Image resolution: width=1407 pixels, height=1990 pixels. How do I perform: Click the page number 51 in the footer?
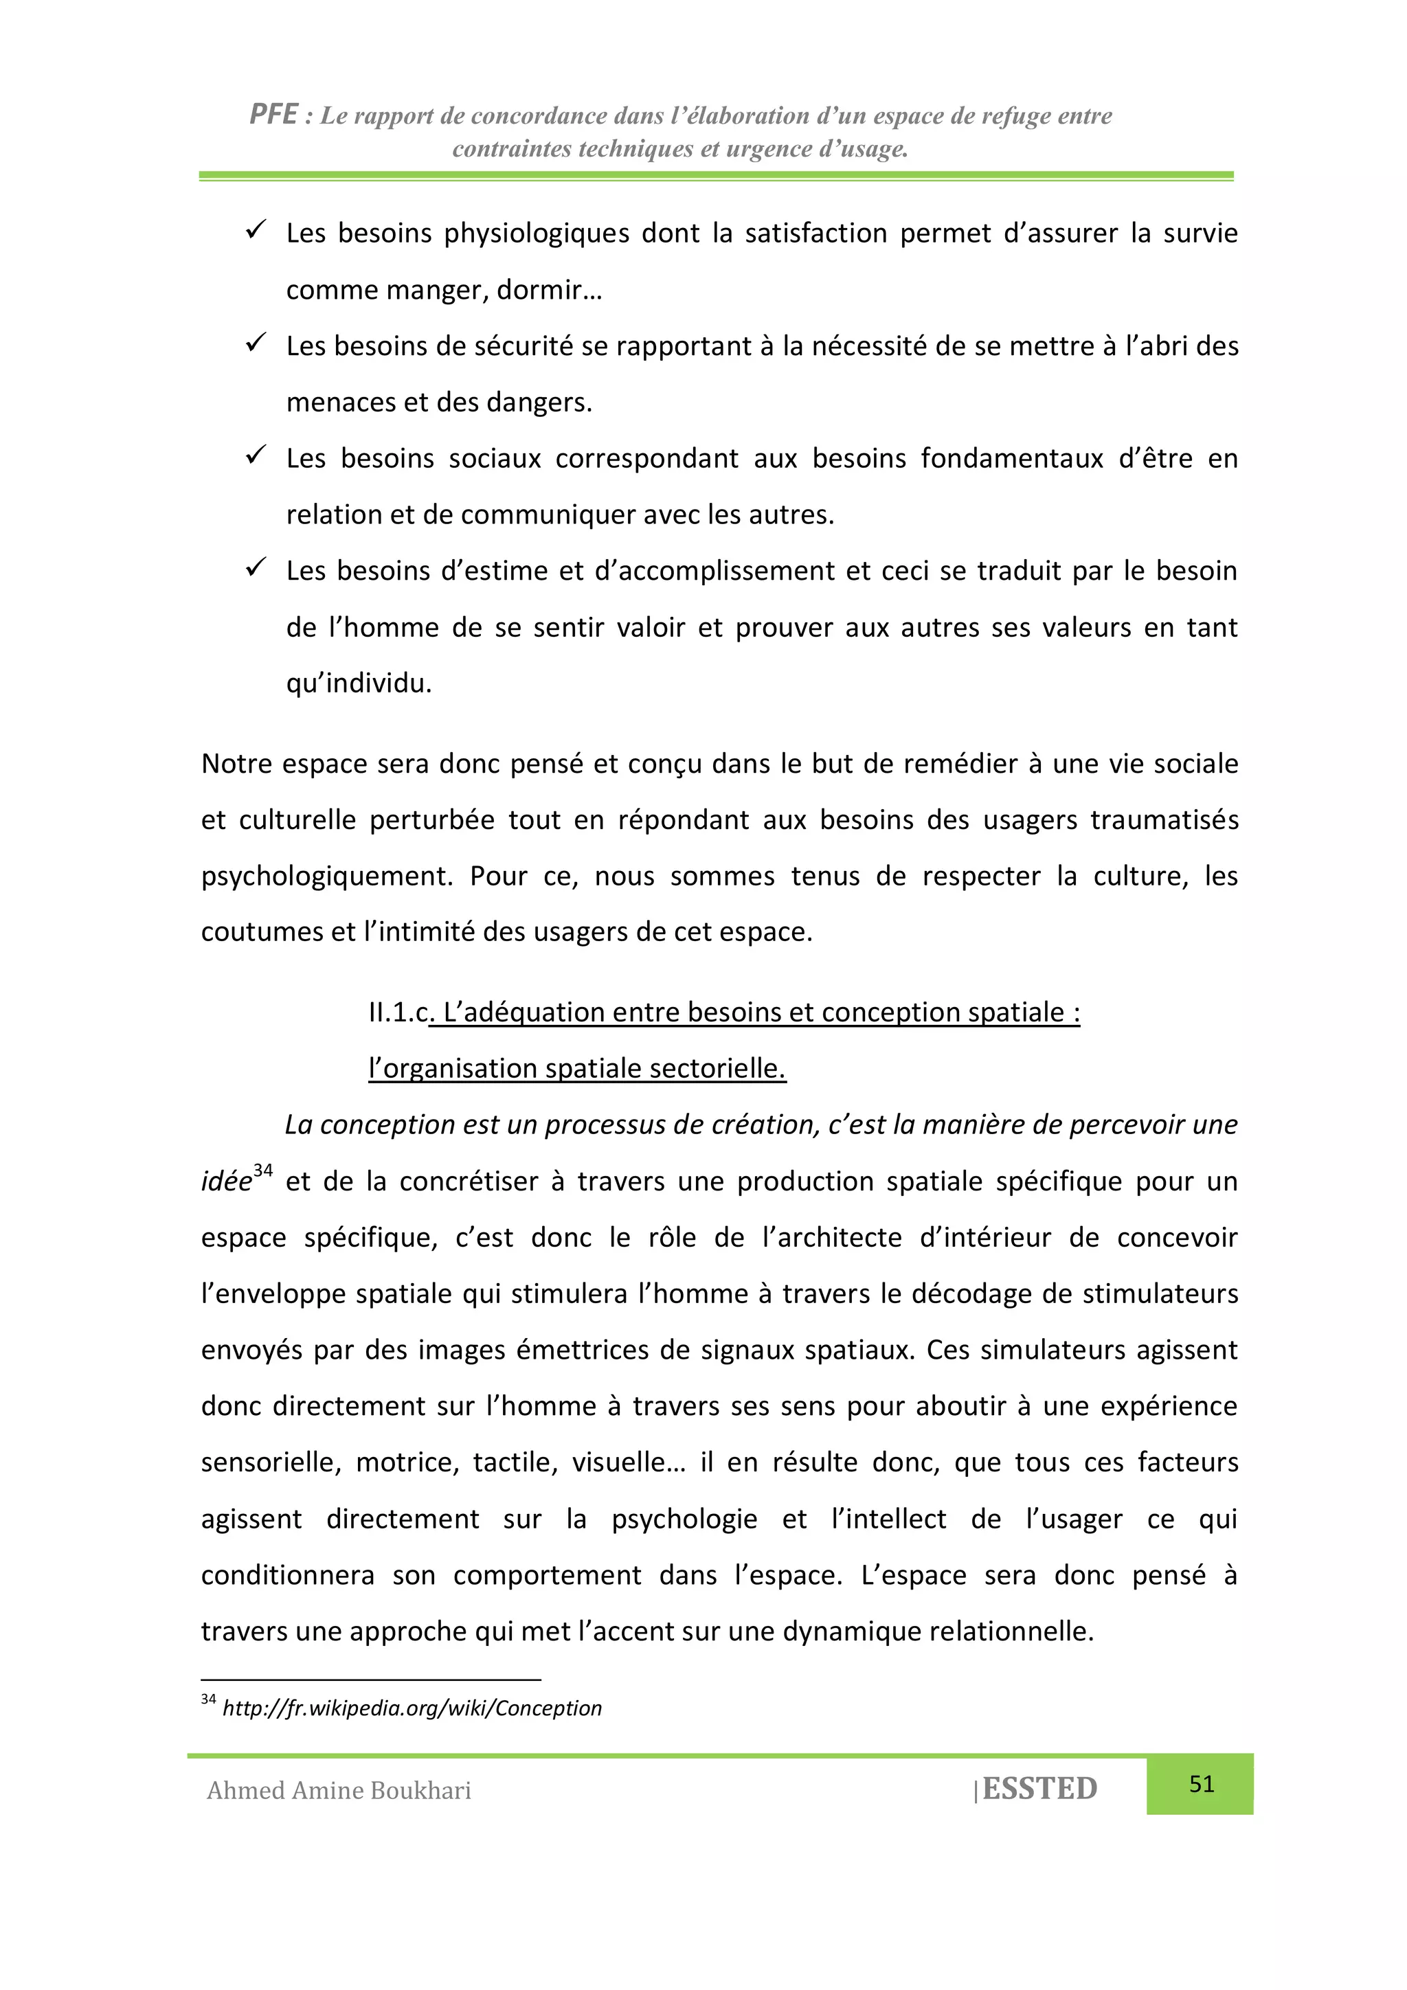[x=1201, y=1784]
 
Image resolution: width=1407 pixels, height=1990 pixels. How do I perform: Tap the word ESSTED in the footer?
[x=1039, y=1789]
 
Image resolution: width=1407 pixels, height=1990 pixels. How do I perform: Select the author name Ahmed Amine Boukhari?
[x=339, y=1791]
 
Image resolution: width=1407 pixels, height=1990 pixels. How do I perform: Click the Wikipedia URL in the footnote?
[x=412, y=1708]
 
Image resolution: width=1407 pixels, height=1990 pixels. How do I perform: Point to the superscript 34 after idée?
[x=262, y=1171]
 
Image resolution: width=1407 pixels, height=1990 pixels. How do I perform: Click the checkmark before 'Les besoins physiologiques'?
[x=256, y=231]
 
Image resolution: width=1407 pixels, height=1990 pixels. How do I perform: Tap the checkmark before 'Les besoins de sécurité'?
[x=256, y=343]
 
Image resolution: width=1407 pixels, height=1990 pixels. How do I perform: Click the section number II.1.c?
[x=398, y=1013]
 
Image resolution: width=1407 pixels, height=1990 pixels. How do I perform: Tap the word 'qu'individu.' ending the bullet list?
[x=359, y=684]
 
